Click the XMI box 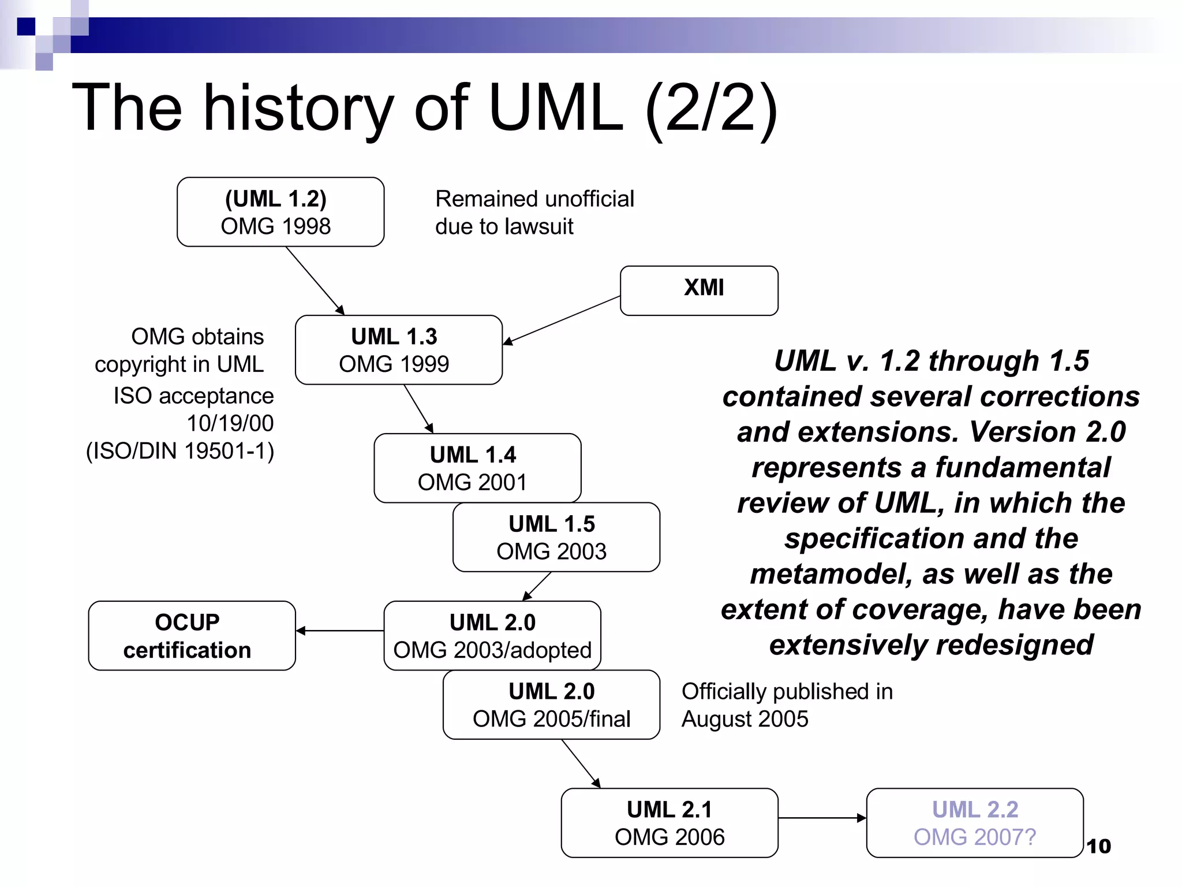[699, 290]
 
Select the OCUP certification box [192, 636]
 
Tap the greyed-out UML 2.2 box [974, 823]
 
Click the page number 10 [1098, 847]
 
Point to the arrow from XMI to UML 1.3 [562, 320]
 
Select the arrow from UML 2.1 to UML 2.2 [821, 818]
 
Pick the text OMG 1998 [276, 226]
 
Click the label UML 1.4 [473, 455]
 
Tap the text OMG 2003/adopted [492, 650]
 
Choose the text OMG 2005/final [551, 719]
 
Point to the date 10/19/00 [230, 423]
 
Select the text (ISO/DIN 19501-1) [180, 451]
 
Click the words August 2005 [745, 719]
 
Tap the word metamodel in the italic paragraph [830, 574]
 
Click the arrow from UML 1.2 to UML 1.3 [315, 280]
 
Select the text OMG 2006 [669, 837]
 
